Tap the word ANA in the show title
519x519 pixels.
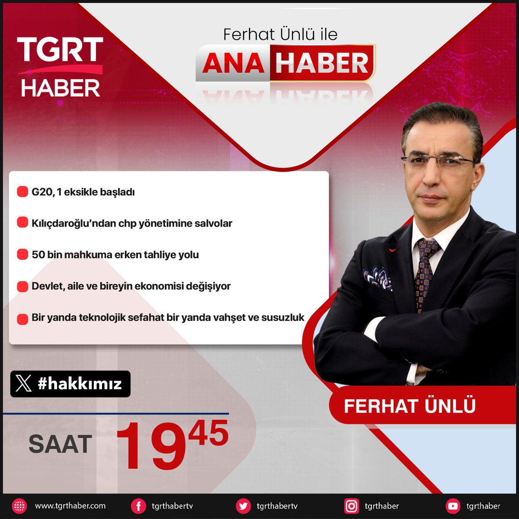pos(233,63)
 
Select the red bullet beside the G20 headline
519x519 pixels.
pos(22,192)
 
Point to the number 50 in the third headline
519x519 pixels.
pos(38,255)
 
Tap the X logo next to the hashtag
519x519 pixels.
pos(24,384)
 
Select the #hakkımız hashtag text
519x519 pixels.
pos(80,384)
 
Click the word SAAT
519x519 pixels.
pos(60,444)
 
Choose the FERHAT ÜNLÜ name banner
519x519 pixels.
pos(410,406)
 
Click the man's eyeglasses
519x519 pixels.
pos(437,161)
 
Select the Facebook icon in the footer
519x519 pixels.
pos(138,506)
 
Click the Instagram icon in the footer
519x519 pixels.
pos(351,506)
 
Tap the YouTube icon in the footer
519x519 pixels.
pos(453,506)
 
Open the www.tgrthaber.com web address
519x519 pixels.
pos(70,506)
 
